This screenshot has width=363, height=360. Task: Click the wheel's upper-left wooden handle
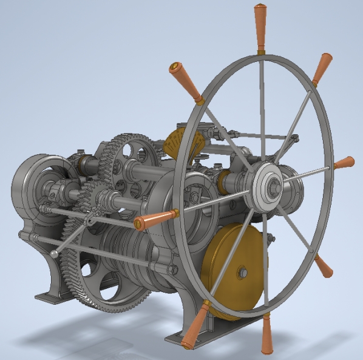click(x=186, y=82)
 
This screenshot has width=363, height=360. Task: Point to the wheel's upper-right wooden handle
click(x=322, y=69)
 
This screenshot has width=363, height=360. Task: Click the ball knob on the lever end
click(x=55, y=254)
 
